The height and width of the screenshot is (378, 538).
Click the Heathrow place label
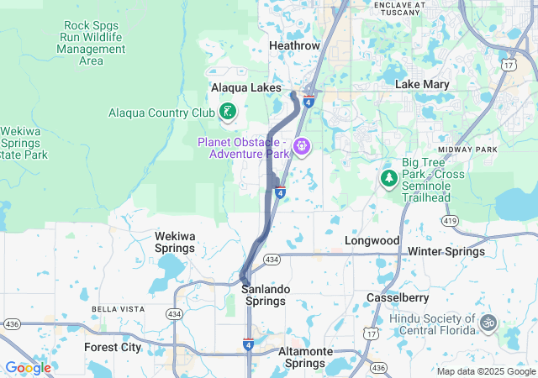[294, 45]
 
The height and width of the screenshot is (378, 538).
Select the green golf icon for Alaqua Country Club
[227, 112]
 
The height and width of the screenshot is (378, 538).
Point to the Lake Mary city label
[422, 84]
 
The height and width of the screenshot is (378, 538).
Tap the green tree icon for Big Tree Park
[388, 178]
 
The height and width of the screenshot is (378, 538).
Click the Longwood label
[372, 240]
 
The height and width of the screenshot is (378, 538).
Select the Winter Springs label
[446, 251]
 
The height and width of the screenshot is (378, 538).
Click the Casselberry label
[398, 297]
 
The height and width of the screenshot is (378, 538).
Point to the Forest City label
[113, 346]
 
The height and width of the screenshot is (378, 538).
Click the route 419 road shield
[449, 220]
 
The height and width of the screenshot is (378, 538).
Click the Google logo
[28, 368]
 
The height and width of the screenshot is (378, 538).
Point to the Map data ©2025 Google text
[485, 371]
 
